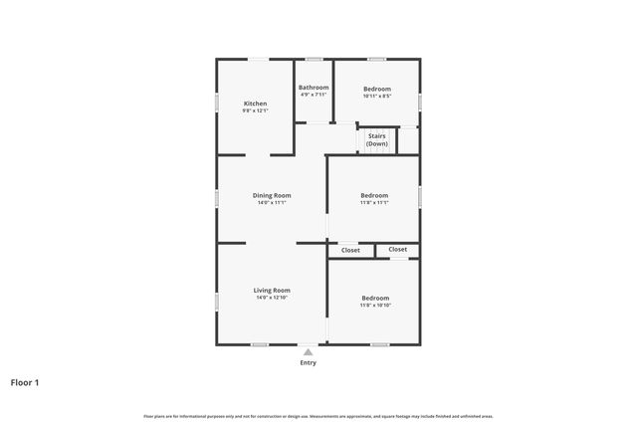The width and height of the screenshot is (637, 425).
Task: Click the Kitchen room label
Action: click(255, 104)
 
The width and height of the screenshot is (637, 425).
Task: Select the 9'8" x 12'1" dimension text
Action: click(255, 110)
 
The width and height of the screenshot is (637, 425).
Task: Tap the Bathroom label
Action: click(314, 88)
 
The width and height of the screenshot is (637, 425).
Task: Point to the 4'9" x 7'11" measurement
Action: click(314, 95)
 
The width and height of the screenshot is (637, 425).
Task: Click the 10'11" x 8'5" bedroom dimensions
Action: click(377, 97)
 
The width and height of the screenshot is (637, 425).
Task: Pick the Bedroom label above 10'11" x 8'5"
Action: click(377, 89)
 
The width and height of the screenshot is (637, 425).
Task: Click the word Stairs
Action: click(377, 135)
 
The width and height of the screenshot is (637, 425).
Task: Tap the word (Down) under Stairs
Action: click(377, 144)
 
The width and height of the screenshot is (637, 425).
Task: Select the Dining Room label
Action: click(271, 195)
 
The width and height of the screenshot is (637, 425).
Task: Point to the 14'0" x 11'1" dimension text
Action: click(271, 202)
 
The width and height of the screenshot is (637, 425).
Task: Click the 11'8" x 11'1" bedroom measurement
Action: click(374, 202)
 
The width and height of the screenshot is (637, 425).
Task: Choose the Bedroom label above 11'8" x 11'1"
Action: click(374, 195)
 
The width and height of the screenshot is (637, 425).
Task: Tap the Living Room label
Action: click(272, 290)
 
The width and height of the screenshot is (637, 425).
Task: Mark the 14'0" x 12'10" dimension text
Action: click(272, 297)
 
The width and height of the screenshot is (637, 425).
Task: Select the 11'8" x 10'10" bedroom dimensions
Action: click(375, 305)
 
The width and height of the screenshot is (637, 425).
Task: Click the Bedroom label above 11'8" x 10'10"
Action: click(375, 298)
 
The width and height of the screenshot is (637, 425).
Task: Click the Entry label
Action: click(309, 362)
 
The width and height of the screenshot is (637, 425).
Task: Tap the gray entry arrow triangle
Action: click(309, 351)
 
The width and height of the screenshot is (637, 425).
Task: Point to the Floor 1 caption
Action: click(26, 381)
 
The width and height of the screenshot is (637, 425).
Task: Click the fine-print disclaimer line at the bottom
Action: click(318, 416)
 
